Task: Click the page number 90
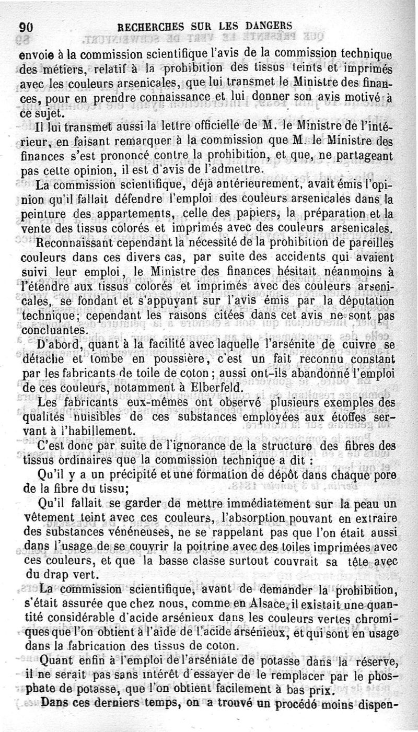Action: pos(26,27)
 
